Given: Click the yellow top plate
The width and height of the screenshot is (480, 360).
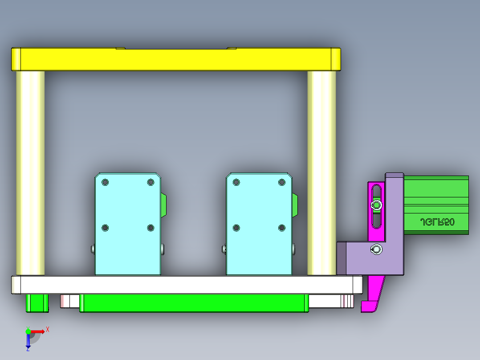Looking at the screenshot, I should pyautogui.click(x=176, y=60).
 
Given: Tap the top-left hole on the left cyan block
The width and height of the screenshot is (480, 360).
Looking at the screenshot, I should pyautogui.click(x=105, y=183).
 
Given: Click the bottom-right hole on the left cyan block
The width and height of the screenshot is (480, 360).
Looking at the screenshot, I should pyautogui.click(x=150, y=228).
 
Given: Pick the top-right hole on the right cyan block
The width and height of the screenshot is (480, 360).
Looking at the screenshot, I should pyautogui.click(x=281, y=182).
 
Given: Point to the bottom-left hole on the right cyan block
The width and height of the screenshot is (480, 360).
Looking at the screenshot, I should pyautogui.click(x=236, y=228).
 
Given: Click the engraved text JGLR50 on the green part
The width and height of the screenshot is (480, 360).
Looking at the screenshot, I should pyautogui.click(x=437, y=222).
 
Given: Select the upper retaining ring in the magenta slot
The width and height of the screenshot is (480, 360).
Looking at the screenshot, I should pyautogui.click(x=377, y=205).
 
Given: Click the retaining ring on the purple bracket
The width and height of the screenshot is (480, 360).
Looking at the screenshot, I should pyautogui.click(x=377, y=250).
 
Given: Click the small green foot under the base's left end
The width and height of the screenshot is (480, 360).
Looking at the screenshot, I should pyautogui.click(x=37, y=303).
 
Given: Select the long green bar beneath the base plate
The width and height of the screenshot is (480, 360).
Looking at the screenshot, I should pyautogui.click(x=194, y=303).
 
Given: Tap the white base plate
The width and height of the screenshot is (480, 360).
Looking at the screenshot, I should pyautogui.click(x=187, y=285).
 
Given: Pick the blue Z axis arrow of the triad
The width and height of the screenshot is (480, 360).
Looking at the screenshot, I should pyautogui.click(x=28, y=343).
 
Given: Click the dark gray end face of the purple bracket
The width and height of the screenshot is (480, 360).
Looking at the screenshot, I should pyautogui.click(x=341, y=258).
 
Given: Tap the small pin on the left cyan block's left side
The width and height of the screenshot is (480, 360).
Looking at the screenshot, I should pyautogui.click(x=92, y=249).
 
